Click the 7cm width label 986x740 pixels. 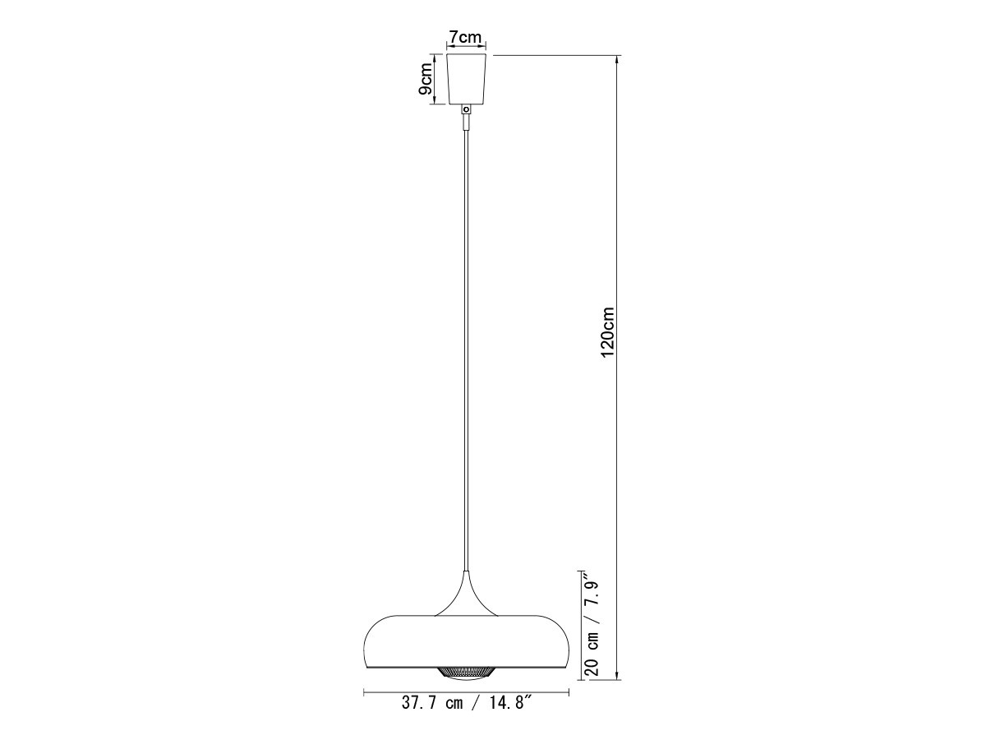point(465,36)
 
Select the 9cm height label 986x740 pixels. point(425,79)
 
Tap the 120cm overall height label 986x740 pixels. point(607,332)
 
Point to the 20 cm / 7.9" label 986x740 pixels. point(593,631)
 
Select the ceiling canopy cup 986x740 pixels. point(468,79)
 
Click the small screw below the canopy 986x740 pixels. point(468,109)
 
